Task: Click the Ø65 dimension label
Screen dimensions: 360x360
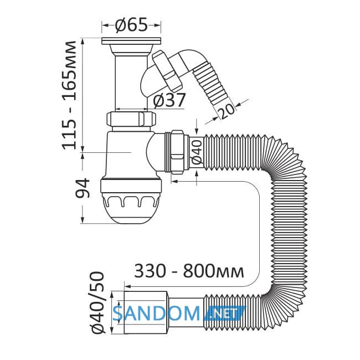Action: pyautogui.click(x=132, y=25)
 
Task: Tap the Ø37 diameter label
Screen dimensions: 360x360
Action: pyautogui.click(x=169, y=100)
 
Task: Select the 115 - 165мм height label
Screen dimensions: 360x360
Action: pyautogui.click(x=69, y=95)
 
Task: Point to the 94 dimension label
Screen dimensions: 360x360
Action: pyautogui.click(x=82, y=188)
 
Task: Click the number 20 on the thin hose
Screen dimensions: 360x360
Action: pyautogui.click(x=227, y=111)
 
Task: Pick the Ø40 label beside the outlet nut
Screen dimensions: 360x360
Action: pyautogui.click(x=197, y=152)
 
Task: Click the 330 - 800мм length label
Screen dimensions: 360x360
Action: pyautogui.click(x=189, y=271)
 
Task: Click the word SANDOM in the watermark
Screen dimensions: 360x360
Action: pyautogui.click(x=157, y=313)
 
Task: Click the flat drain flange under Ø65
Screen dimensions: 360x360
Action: pyautogui.click(x=131, y=41)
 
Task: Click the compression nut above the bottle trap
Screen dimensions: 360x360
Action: pyautogui.click(x=131, y=119)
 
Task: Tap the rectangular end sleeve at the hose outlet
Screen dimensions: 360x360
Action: pyautogui.click(x=145, y=312)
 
